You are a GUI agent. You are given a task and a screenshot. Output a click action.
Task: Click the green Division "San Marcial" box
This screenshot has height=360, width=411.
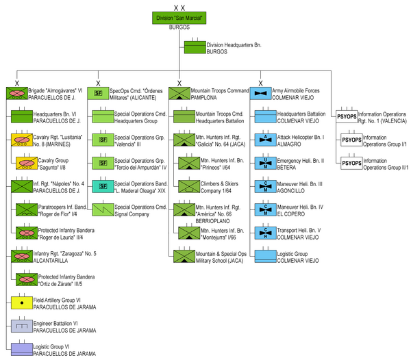point(179,18)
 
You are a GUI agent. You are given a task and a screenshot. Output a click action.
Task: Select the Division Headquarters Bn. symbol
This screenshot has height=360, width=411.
point(195,48)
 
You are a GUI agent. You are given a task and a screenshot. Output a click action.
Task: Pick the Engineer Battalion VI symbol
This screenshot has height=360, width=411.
point(23,326)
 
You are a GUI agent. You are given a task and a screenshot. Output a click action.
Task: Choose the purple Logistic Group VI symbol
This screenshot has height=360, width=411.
point(23,349)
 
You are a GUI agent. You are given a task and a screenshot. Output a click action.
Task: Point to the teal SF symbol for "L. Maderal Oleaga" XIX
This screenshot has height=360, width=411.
point(103,186)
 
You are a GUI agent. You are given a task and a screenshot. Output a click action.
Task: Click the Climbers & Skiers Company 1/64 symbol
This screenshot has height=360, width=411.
point(188,185)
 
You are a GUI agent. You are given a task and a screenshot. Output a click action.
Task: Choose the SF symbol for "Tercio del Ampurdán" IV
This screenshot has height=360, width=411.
point(103,163)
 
